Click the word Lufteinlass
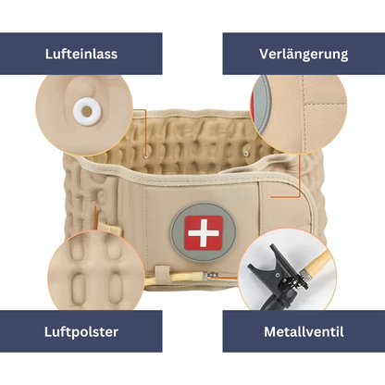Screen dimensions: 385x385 point(81,54)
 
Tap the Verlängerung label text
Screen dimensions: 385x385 point(303,54)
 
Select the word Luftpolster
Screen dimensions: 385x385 point(81,330)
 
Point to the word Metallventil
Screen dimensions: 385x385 point(303,330)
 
